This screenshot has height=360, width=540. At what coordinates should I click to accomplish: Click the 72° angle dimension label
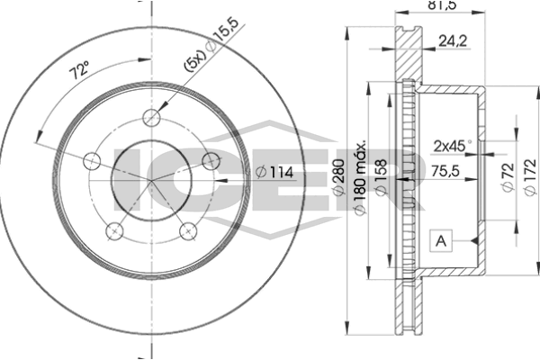tap(79, 70)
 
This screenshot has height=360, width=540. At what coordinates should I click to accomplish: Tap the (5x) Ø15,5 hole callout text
tap(211, 45)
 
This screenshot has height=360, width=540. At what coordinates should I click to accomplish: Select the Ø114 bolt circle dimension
tap(274, 172)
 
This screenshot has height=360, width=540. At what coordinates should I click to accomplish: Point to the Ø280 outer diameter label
tap(339, 177)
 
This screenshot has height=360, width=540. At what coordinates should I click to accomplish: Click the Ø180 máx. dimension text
tap(360, 178)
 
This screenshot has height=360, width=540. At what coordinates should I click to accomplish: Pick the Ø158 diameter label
tap(381, 178)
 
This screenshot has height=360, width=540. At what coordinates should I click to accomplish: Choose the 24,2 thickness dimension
tap(453, 41)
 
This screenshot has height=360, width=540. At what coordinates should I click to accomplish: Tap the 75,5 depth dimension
tap(445, 170)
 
